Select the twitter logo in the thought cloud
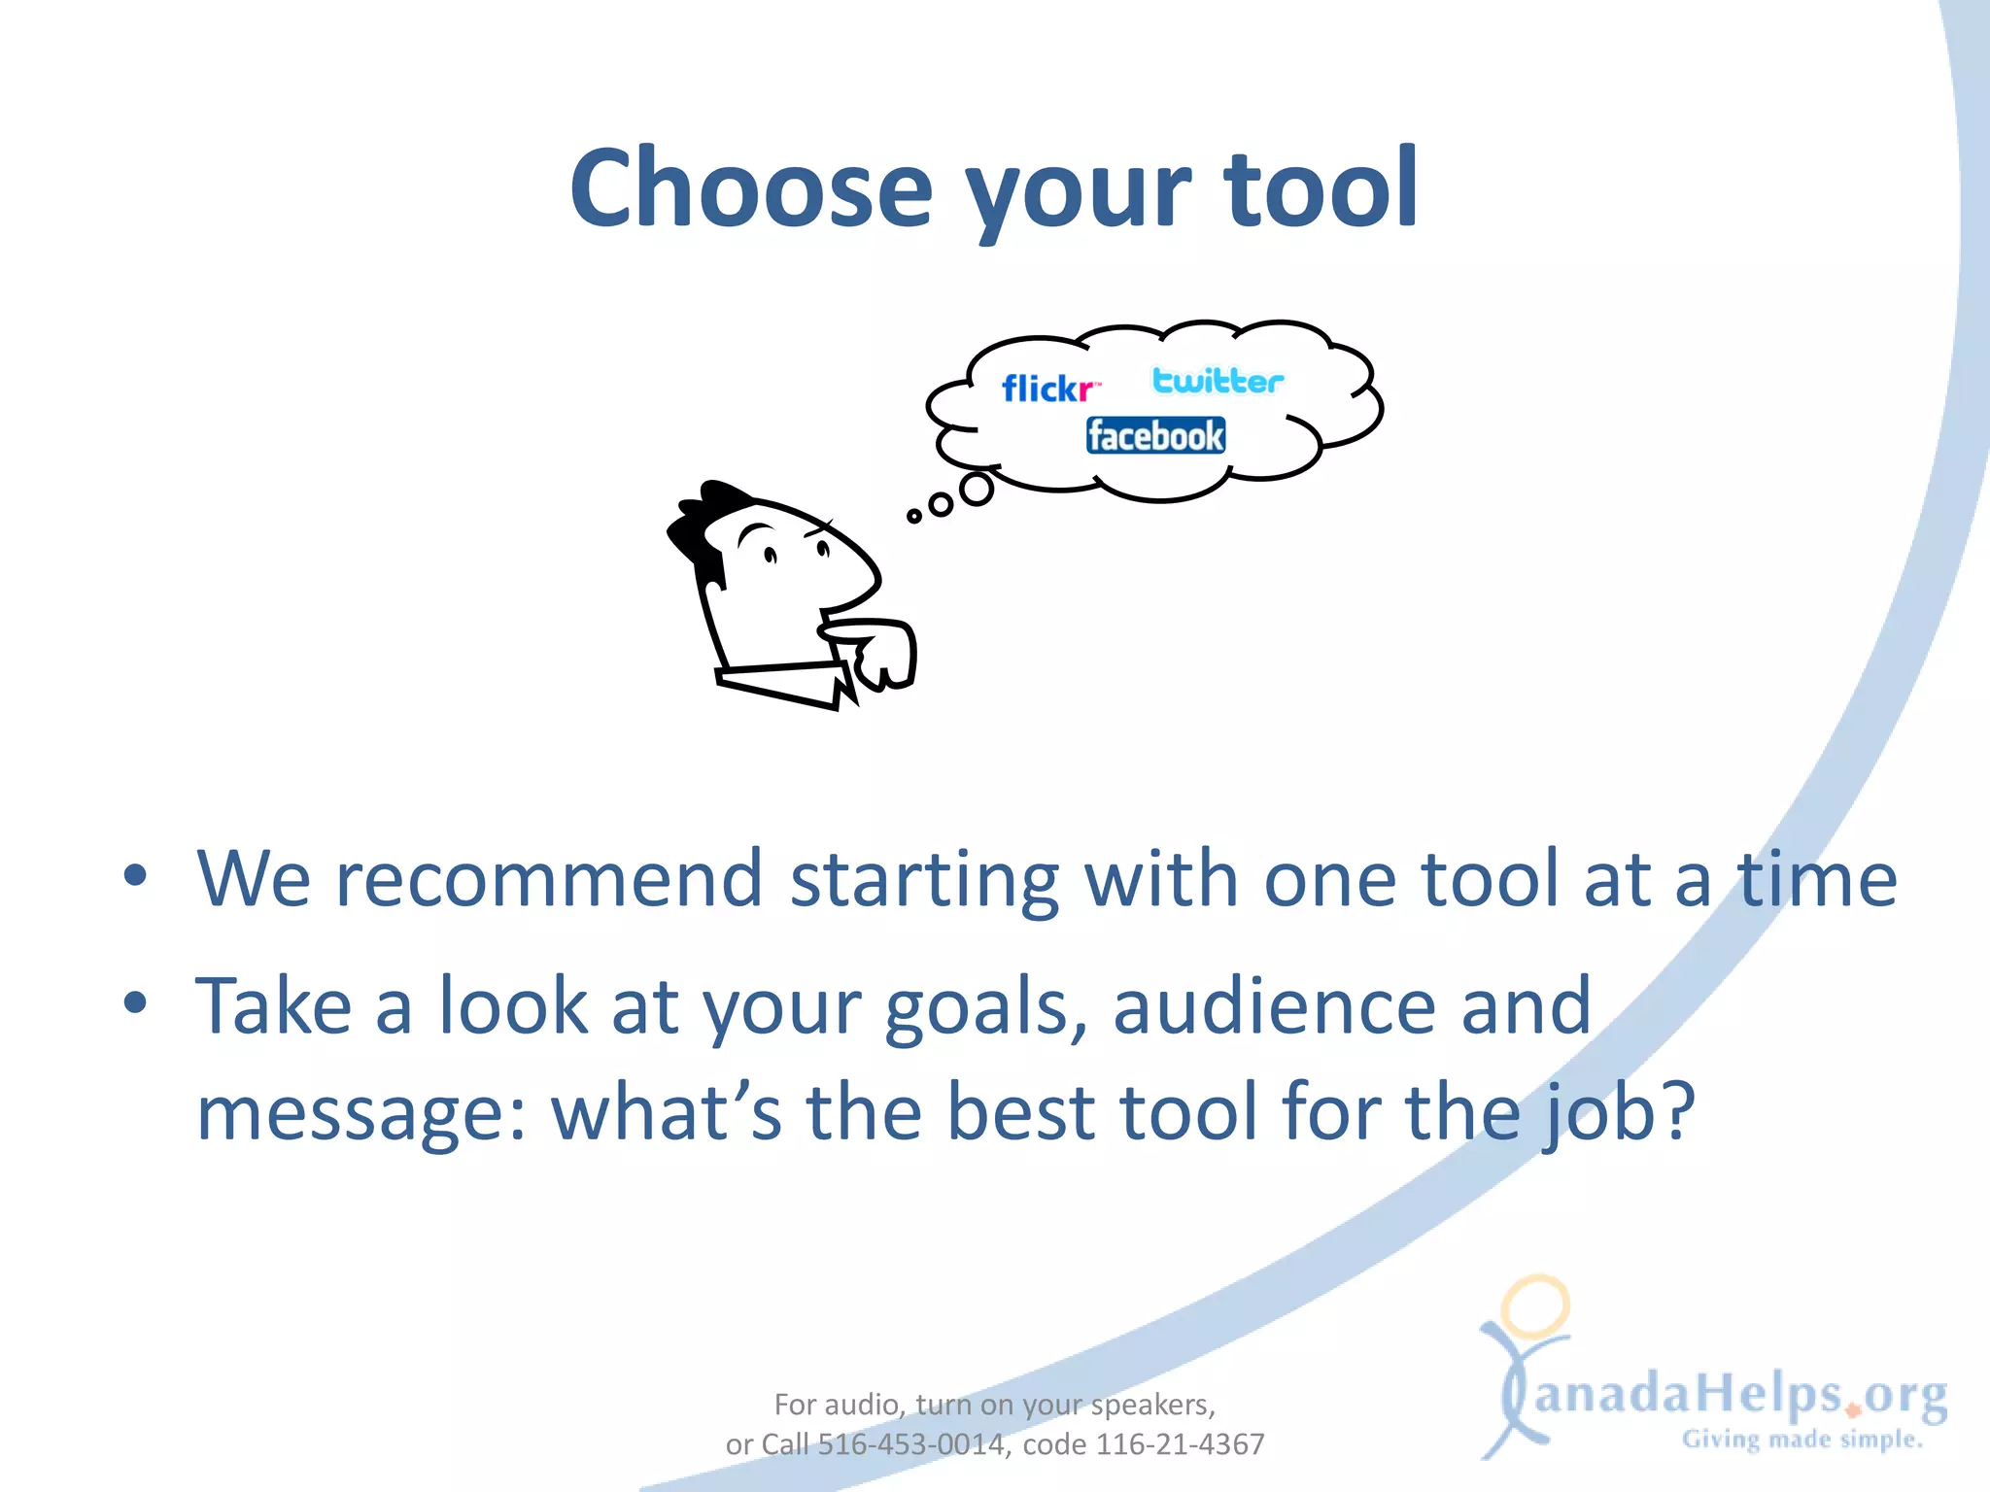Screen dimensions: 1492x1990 1218,381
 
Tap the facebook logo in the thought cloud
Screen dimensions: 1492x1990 1155,435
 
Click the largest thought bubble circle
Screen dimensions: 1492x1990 977,489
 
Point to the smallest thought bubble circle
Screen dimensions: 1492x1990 913,516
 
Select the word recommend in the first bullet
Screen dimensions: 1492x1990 549,878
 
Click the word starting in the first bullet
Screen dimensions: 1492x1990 923,880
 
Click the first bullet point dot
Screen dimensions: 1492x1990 135,876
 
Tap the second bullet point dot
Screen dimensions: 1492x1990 135,1002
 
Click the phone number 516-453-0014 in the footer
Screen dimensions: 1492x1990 910,1444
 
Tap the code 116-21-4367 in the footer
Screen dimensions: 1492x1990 1180,1444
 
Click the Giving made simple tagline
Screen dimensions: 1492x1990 1801,1440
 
